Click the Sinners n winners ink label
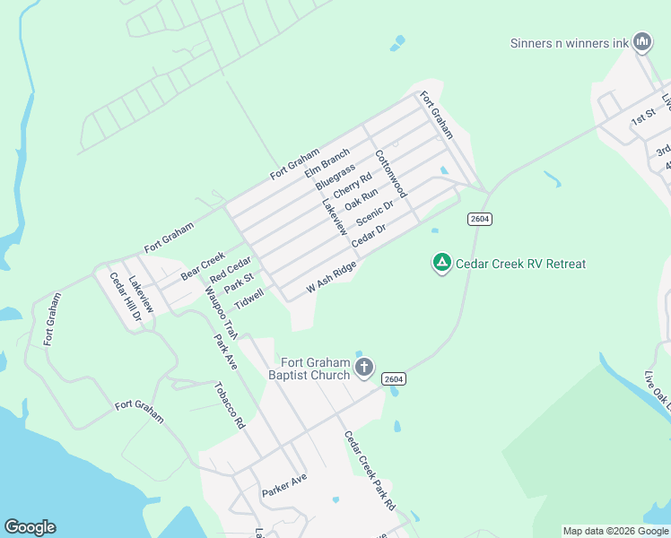pos(569,42)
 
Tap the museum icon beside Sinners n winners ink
pos(641,41)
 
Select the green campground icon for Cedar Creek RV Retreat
pos(441,263)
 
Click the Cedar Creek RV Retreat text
pos(520,264)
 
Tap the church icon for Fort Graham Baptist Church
pos(364,366)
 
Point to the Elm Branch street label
pos(327,161)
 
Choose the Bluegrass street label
pos(335,176)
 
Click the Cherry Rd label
pos(352,186)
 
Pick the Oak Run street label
pos(362,199)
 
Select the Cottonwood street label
pos(391,174)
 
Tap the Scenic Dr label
pos(375,214)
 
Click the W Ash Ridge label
pos(331,277)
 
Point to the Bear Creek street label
pos(203,266)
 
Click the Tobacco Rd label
pos(229,405)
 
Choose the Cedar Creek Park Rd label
pos(370,470)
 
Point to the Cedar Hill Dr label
pos(126,297)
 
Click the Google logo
pos(30,527)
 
